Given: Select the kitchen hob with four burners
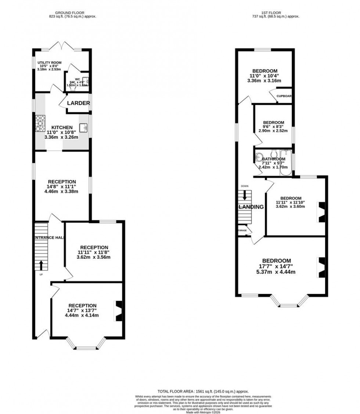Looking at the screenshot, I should point(40,123).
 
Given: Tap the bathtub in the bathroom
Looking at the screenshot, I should point(285,163).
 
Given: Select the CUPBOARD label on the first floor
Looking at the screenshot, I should point(284,96).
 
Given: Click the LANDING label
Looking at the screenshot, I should point(252,207).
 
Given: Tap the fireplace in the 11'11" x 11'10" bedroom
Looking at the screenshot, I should point(321,213).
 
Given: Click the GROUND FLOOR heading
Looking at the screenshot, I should point(72,12).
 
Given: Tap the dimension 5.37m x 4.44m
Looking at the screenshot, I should point(277,272).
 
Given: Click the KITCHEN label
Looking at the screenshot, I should point(62,127).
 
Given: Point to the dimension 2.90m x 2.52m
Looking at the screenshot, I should point(273,130).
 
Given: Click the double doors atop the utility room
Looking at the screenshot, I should point(61,47).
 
